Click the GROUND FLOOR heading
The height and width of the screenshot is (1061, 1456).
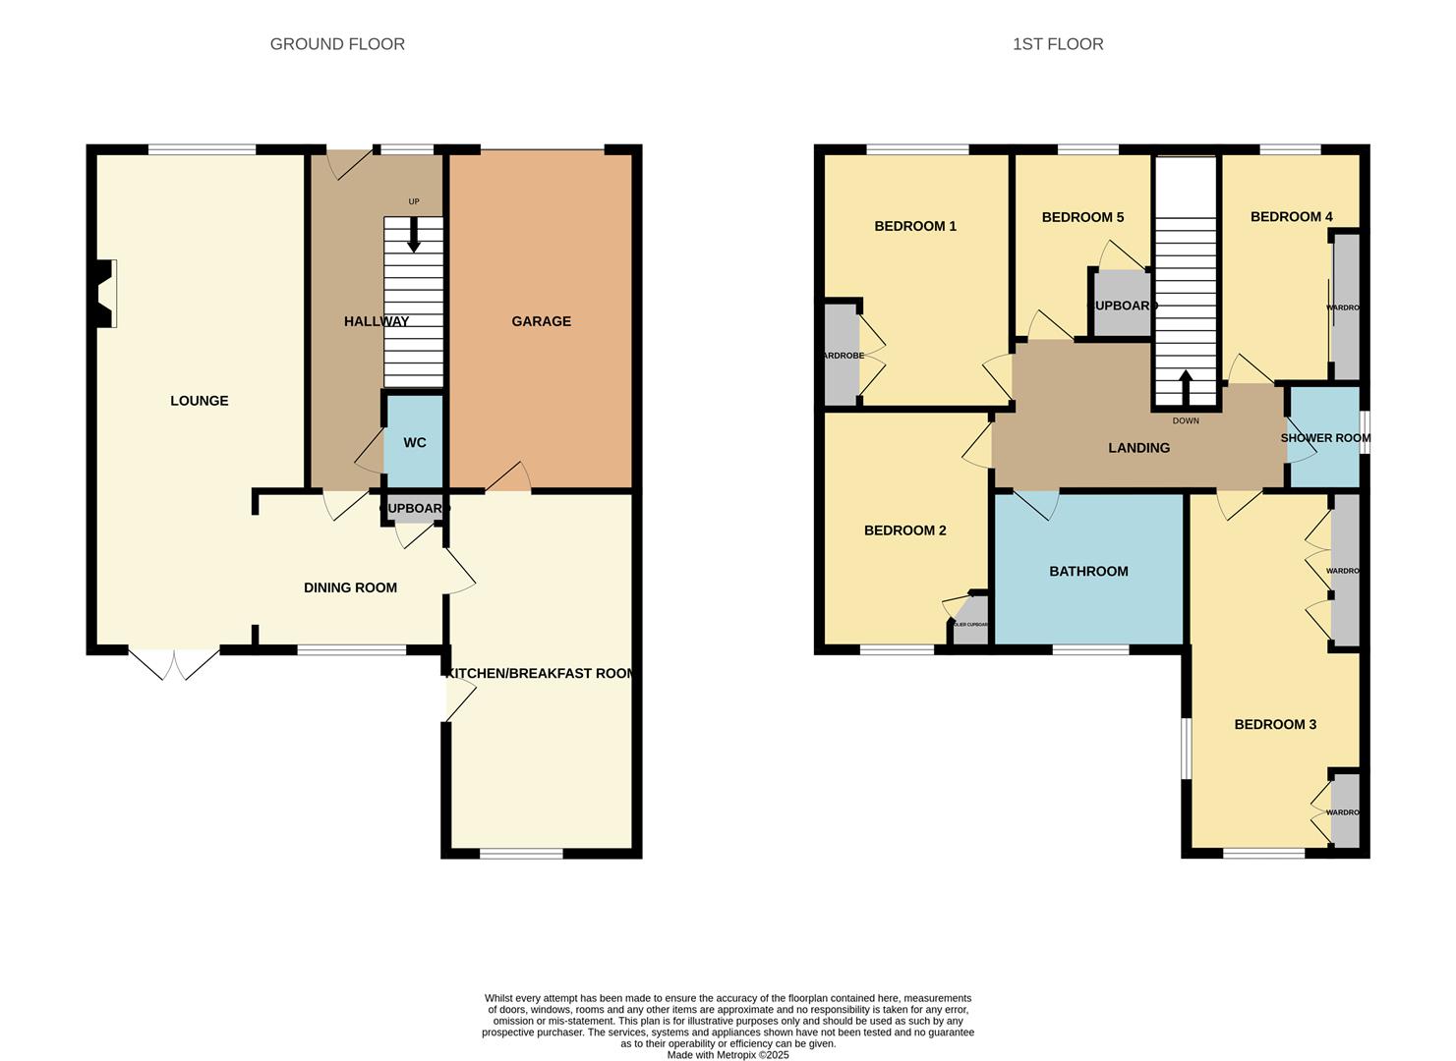point(337,44)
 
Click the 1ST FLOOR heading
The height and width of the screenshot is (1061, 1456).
point(1058,44)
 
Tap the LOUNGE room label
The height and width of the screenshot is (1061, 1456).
point(200,401)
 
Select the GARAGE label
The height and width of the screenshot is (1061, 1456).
point(541,321)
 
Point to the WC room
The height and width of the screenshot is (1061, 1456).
point(415,443)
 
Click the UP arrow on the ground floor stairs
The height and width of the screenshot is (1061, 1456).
point(414,234)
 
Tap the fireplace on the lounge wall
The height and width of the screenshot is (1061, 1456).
point(106,293)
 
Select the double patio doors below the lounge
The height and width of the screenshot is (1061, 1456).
point(174,664)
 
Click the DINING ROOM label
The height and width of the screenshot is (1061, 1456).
point(350,587)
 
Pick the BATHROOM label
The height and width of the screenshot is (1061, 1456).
point(1088,571)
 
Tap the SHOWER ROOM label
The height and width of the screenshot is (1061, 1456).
point(1324,438)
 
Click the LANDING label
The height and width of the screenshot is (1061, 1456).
point(1138,448)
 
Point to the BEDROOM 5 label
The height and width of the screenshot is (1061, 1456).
point(1082,217)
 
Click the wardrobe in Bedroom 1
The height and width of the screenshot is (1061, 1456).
point(841,356)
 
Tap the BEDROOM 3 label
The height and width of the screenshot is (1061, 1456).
point(1275,725)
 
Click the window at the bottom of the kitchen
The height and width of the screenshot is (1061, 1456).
point(521,853)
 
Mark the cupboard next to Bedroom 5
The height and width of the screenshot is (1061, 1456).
point(1121,306)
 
